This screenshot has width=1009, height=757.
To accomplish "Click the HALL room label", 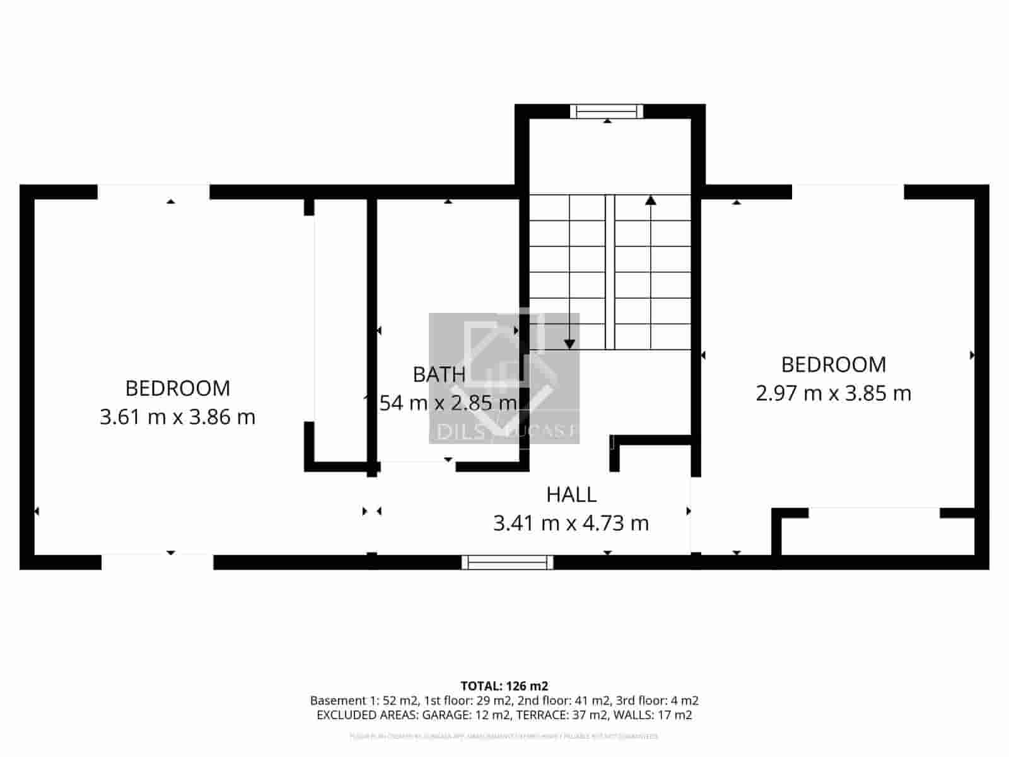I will coord(571,495).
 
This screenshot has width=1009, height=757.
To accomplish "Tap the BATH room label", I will coord(439,375).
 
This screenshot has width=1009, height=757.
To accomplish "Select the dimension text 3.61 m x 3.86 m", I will coord(177,417).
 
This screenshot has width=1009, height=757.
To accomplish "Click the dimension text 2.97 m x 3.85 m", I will coord(833,394).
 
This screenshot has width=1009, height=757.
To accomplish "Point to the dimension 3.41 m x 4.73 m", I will coord(571,524).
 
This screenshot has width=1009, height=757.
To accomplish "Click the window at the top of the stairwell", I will coord(607,112).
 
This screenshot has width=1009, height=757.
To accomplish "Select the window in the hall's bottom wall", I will coord(508,562).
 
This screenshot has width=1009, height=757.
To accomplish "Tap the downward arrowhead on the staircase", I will coord(569,344).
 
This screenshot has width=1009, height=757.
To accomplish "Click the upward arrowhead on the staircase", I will coord(651,201).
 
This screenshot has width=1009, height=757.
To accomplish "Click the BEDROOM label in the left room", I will coord(177,389).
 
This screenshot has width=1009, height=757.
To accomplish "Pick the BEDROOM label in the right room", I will coord(833,365).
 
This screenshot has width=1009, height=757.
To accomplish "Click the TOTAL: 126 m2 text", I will coord(504,686).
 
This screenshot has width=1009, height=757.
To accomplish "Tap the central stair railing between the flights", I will coord(610,271).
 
